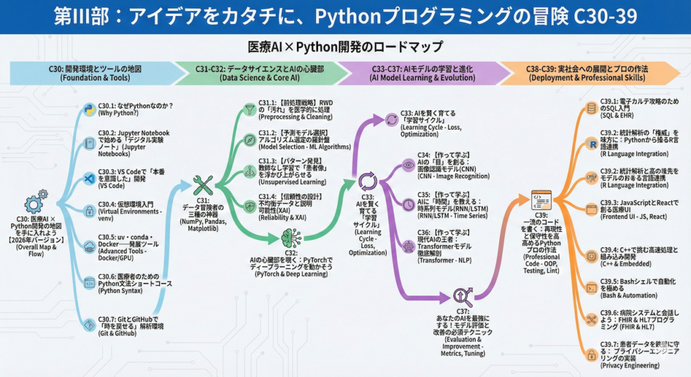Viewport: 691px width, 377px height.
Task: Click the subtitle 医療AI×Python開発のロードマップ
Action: point(345,47)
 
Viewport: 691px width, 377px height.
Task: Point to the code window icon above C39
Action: point(542,201)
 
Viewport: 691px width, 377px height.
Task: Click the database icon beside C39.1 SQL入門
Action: point(592,108)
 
